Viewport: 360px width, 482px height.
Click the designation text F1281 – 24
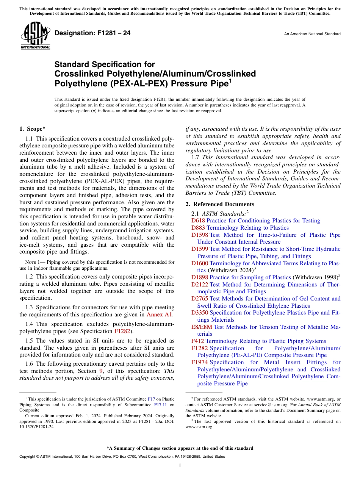[x=92, y=33]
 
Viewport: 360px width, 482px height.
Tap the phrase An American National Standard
[x=312, y=34]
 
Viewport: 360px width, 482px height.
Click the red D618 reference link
[x=197, y=221]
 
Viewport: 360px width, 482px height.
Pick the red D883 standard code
[x=197, y=228]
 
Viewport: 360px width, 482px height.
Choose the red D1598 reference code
[x=199, y=235]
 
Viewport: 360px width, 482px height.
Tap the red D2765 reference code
[x=199, y=299]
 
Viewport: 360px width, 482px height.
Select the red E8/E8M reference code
[x=202, y=327]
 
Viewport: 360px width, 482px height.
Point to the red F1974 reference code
[x=199, y=362]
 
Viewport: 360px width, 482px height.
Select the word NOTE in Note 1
[x=30, y=262]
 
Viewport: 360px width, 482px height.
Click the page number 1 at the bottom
[x=180, y=465]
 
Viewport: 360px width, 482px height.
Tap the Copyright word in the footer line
[x=28, y=457]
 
